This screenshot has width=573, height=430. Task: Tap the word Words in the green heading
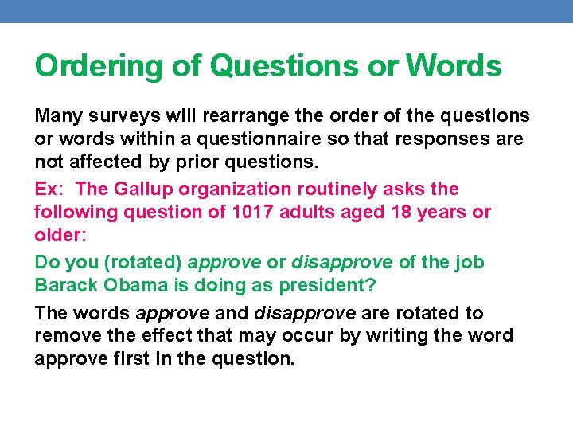click(x=454, y=66)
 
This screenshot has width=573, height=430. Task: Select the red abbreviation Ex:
click(x=50, y=190)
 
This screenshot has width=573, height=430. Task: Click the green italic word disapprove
click(x=341, y=263)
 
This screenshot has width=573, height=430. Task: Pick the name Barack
click(x=66, y=286)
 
